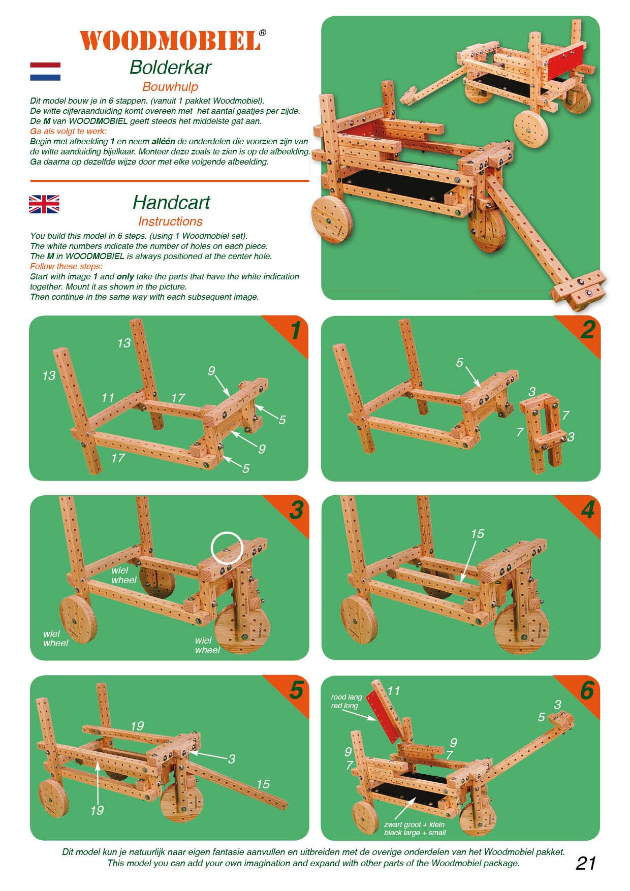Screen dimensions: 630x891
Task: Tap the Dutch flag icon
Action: tap(45, 72)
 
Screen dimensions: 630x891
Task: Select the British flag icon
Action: tap(44, 204)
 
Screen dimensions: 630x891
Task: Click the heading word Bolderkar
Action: tap(170, 67)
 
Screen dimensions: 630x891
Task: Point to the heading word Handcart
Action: tap(171, 202)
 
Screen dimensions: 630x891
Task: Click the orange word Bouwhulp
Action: tap(170, 87)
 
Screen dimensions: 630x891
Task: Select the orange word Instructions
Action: tap(170, 221)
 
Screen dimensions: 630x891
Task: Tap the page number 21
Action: tap(586, 863)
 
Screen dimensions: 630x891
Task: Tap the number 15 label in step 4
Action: tap(477, 534)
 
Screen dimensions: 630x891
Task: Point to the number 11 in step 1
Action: tap(108, 397)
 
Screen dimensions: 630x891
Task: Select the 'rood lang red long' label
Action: tap(346, 702)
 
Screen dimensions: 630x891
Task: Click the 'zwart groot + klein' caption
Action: tap(414, 824)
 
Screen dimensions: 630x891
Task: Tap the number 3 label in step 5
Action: tap(232, 759)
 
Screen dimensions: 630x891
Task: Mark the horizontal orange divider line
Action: tap(170, 180)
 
